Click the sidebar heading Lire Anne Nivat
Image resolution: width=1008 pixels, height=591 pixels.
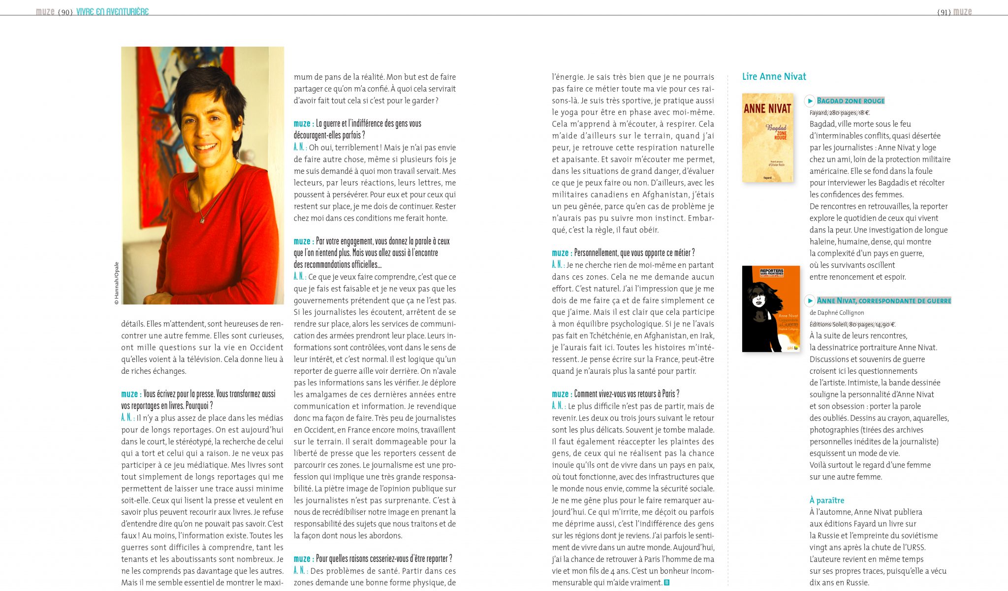[774, 76]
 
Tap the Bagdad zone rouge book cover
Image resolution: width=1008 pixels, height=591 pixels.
[767, 137]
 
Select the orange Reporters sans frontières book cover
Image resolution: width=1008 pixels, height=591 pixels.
[771, 309]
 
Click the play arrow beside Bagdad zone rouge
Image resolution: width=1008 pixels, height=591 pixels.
[810, 101]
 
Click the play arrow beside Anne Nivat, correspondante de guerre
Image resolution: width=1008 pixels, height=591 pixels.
[810, 300]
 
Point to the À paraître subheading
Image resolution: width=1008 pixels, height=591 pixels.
[826, 500]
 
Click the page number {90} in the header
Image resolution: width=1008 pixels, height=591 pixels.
[65, 12]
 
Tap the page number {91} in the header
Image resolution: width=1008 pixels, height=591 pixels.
[944, 12]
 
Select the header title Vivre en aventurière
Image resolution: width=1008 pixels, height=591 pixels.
[112, 12]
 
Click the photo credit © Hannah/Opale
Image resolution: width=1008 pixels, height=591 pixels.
[117, 283]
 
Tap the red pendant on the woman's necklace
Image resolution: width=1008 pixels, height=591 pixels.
[202, 221]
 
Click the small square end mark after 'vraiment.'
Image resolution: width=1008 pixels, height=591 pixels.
[667, 583]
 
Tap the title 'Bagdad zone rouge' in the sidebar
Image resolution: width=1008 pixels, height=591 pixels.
[850, 101]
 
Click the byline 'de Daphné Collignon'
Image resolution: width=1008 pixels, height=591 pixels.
[837, 313]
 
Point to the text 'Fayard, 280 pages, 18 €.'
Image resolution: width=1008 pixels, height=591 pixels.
[839, 113]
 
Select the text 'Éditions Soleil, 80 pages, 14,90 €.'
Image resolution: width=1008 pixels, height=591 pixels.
[852, 324]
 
